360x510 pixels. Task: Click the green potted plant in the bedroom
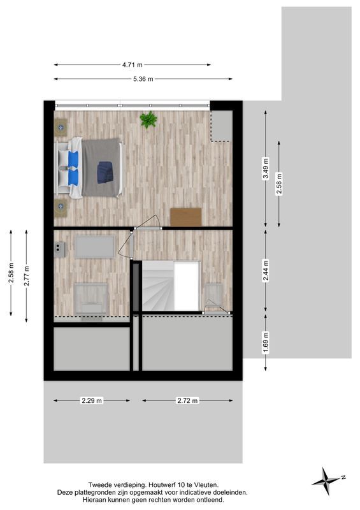pos(148,119)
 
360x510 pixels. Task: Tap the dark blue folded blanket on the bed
pos(105,171)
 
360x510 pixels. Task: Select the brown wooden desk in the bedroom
pos(185,217)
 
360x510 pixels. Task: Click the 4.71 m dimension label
pos(132,64)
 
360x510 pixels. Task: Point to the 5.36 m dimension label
pos(142,79)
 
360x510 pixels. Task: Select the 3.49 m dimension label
pos(265,169)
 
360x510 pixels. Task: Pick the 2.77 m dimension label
pos(26,275)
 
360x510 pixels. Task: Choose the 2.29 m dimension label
pos(91,401)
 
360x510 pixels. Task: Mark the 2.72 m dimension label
pos(188,401)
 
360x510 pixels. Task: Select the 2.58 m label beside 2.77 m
pos(11,273)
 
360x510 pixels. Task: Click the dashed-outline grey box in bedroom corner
pos(221,126)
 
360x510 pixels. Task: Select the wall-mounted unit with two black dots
pos(60,248)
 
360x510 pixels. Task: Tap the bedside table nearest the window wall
pos(61,127)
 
